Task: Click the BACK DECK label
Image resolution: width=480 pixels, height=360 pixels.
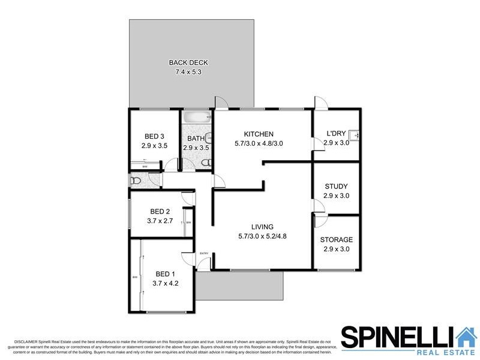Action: click(188, 62)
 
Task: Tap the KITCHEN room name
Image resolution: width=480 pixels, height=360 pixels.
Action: click(259, 134)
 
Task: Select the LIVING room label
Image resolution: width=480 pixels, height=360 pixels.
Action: click(263, 227)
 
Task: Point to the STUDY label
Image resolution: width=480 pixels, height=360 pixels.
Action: click(336, 187)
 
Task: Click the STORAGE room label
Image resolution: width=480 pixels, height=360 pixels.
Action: click(336, 239)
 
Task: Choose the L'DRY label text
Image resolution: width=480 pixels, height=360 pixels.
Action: click(336, 134)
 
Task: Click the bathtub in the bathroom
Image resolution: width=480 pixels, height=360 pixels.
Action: click(197, 117)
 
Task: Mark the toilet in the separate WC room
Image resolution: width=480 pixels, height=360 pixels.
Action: click(136, 180)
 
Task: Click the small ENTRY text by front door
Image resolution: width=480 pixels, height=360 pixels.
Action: click(204, 253)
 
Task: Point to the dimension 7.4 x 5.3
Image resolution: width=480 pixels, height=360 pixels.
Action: click(188, 72)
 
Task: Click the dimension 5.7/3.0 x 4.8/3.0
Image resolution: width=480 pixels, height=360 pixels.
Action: click(259, 143)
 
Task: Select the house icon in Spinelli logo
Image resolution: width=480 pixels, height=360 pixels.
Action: click(464, 337)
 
